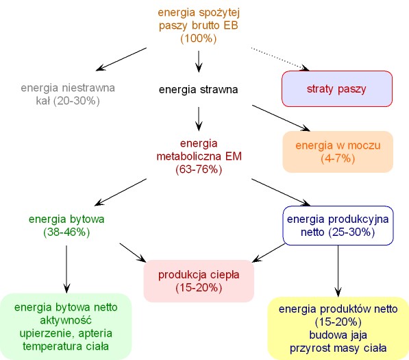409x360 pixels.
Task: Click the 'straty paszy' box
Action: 337,88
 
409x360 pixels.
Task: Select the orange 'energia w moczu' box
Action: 338,152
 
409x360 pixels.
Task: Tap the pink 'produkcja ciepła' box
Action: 199,281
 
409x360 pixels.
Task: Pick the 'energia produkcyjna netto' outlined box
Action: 338,226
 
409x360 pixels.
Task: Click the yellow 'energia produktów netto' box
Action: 338,328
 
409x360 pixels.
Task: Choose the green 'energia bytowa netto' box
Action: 66,326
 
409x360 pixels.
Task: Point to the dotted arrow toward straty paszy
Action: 280,59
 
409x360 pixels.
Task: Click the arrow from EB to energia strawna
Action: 199,61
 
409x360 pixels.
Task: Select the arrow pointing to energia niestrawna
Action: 121,59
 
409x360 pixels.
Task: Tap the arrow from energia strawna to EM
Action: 199,119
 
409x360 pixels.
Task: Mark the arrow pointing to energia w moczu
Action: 281,118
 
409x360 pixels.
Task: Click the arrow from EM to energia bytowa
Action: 121,192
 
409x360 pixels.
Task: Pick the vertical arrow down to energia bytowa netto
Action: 66,269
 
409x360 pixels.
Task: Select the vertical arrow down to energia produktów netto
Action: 338,271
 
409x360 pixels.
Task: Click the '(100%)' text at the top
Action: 199,38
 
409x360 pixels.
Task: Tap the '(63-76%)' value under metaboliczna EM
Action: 199,169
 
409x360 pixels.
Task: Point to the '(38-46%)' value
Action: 66,232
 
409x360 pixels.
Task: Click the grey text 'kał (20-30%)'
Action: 68,101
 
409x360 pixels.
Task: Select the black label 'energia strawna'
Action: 198,90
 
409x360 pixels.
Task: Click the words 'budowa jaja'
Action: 338,335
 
